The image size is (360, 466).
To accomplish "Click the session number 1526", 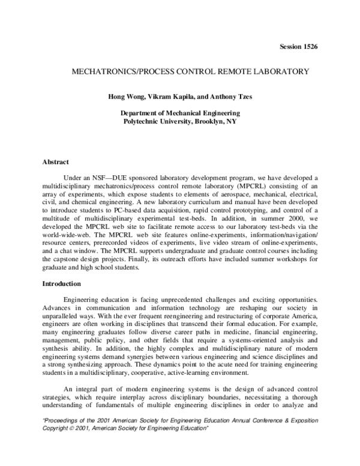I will (x=318, y=47).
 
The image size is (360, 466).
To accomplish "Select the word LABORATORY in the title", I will (x=278, y=71).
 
